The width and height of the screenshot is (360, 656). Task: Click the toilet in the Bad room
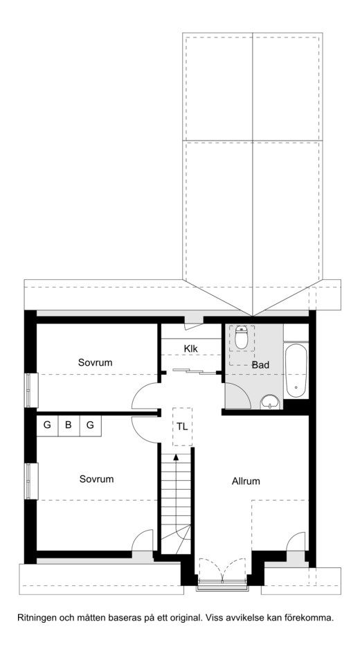coord(242,337)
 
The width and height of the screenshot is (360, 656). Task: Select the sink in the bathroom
coord(271,402)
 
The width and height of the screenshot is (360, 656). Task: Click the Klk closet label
coord(190,348)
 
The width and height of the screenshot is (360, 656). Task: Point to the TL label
coord(182,427)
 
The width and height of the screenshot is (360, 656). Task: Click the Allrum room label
coord(246,481)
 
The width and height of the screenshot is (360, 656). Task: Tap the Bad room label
coord(260,365)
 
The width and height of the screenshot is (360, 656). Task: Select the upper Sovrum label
coord(96,362)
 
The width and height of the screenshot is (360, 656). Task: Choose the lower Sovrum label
coord(97,479)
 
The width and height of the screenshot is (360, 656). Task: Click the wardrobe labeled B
coord(69,425)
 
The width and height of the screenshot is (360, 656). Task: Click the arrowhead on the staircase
coord(176,457)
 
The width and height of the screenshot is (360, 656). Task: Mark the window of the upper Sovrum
coord(29,390)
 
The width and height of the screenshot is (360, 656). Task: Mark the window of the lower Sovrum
coord(29,481)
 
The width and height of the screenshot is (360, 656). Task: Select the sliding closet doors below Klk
coord(195,371)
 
